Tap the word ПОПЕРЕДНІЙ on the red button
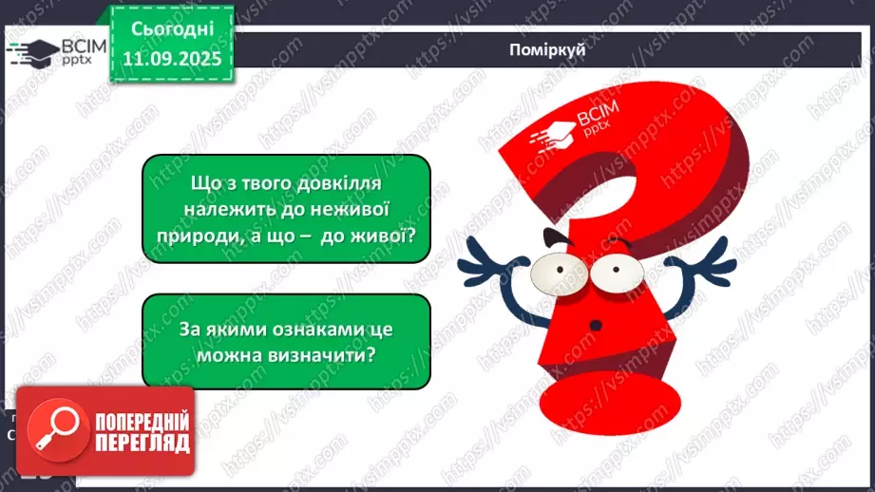point(142,422)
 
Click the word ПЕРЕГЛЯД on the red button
point(142,444)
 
